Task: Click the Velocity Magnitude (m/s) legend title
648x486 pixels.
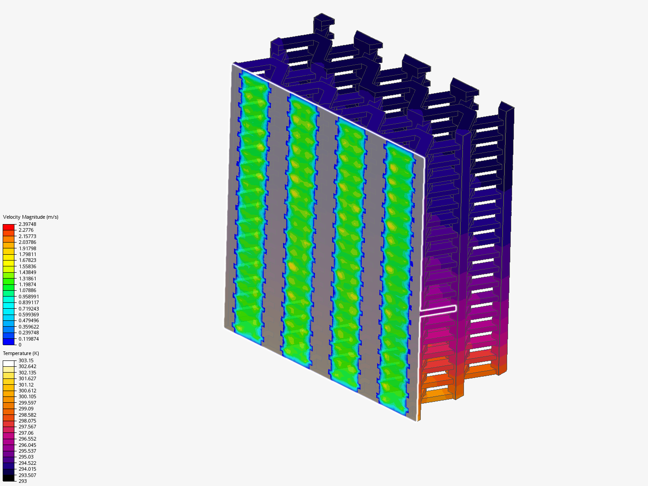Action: [31, 217]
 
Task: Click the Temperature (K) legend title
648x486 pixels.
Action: [21, 353]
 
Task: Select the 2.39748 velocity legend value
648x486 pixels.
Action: [27, 224]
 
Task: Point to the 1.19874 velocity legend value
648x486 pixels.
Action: [27, 284]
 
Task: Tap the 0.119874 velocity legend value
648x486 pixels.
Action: [28, 339]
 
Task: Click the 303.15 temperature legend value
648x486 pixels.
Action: [26, 360]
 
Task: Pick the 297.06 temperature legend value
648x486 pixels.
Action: [26, 433]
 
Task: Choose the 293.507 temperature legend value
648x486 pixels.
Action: [27, 475]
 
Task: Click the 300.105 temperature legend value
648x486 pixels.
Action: [27, 396]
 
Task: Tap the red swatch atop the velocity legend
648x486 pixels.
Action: [9, 227]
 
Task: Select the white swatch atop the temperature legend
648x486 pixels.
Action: [9, 364]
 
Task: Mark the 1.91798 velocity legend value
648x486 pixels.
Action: [27, 248]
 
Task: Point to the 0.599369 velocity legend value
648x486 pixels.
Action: [28, 315]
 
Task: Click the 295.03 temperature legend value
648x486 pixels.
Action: [26, 457]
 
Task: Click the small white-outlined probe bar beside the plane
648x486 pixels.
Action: [439, 309]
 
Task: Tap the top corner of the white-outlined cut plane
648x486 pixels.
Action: [233, 64]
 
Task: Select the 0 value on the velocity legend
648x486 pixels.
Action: [20, 345]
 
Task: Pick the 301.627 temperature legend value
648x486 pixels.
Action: [27, 378]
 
